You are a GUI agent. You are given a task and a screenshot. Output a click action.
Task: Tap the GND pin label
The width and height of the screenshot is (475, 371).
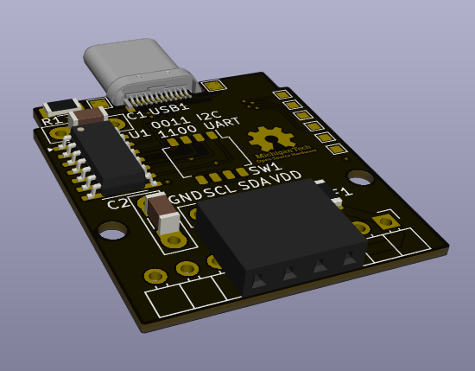click(x=187, y=196)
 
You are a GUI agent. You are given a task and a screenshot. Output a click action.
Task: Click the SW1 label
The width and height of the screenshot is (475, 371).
click(x=264, y=169)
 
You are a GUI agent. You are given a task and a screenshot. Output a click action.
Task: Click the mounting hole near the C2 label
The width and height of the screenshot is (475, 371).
click(x=111, y=231)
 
